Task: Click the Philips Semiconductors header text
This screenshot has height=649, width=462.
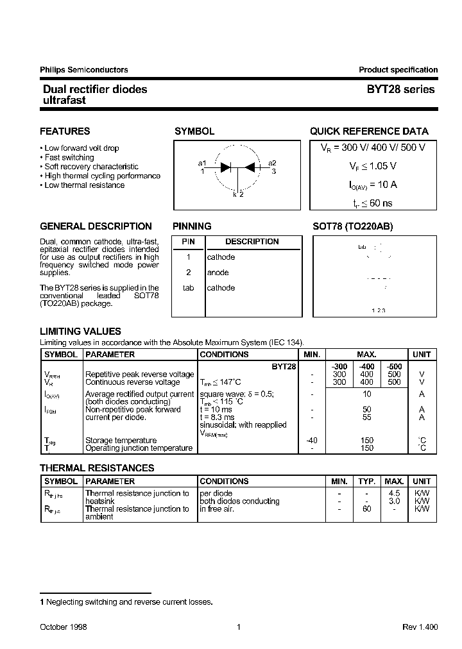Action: [83, 70]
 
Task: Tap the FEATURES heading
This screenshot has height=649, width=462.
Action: [65, 131]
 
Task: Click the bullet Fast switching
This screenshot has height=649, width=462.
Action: [69, 157]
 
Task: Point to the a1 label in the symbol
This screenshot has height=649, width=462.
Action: [202, 163]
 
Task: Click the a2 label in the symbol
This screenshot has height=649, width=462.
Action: [272, 163]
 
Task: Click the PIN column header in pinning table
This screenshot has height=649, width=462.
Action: [188, 242]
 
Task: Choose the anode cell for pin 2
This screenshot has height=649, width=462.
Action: [218, 273]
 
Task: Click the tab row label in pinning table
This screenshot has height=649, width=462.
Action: [188, 288]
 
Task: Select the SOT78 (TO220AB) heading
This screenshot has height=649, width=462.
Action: [352, 226]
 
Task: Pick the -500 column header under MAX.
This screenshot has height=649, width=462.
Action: [394, 366]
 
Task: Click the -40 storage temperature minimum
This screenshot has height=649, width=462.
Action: [312, 440]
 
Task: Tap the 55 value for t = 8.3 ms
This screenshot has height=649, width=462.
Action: [367, 417]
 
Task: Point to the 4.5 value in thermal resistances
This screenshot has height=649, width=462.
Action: [395, 493]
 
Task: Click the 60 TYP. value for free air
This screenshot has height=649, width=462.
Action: [367, 509]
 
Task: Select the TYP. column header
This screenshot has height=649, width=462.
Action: [367, 481]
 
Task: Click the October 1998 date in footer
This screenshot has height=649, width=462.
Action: [64, 627]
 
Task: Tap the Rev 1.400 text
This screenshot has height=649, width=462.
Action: [420, 627]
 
